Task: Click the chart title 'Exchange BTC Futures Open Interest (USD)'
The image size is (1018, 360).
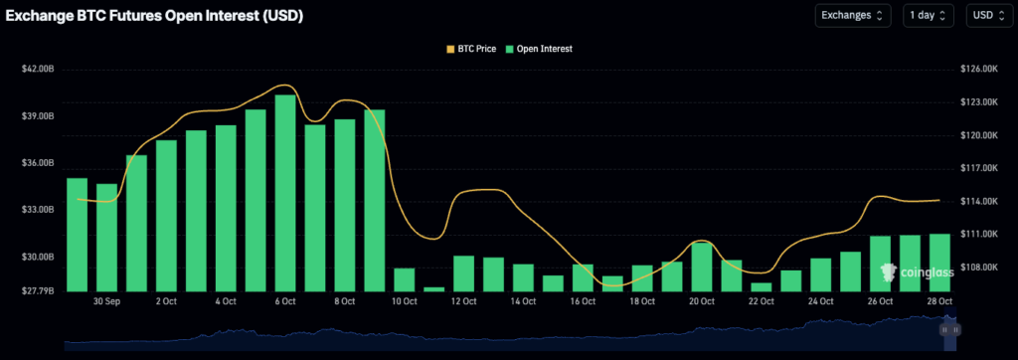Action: coord(154,16)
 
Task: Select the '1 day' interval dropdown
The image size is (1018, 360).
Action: coord(929,15)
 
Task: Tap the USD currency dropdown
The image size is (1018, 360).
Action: coord(988,15)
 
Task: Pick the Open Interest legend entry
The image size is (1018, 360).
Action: coord(539,48)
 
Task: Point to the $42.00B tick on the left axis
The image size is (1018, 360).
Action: coord(38,69)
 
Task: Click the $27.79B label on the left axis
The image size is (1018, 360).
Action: coord(38,290)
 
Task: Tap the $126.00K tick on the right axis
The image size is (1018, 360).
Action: coord(978,69)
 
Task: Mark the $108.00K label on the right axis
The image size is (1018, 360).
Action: coord(978,267)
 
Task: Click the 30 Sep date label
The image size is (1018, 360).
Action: coord(106,300)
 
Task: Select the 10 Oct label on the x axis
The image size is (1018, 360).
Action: coord(404,300)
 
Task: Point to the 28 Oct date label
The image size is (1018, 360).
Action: coord(939,300)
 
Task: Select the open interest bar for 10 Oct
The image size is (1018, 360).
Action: coord(404,279)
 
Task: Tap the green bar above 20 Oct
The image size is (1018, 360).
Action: coord(702,267)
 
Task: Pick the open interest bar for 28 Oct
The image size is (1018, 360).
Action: coord(939,262)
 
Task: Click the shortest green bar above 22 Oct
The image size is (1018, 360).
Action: coord(762,286)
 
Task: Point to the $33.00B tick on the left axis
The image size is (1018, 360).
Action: coord(38,210)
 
